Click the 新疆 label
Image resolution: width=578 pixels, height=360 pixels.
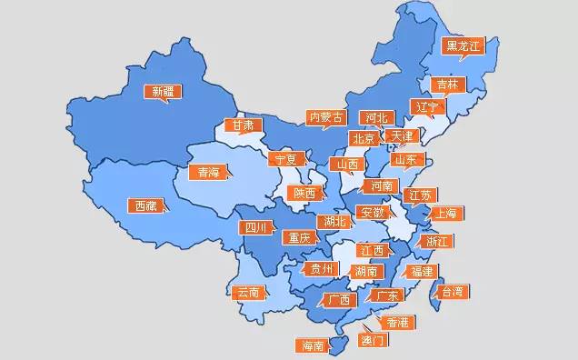164,91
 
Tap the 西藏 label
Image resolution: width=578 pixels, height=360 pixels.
145,205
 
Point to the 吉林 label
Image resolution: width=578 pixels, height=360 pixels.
447,85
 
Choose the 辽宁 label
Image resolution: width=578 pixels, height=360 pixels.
426,106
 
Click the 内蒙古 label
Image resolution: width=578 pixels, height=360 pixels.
325,117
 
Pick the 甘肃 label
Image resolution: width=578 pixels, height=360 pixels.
243,125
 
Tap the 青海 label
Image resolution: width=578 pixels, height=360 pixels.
208,172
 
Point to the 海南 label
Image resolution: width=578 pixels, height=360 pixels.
312,345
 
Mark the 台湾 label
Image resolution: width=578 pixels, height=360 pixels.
451,292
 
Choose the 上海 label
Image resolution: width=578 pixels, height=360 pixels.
444,214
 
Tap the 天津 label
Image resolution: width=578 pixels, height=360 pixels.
400,135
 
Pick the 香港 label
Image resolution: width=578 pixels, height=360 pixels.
398,323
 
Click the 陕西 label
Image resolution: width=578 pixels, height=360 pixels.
304,193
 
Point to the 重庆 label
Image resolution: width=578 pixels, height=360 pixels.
299,238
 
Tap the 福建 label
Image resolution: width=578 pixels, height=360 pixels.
422,272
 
